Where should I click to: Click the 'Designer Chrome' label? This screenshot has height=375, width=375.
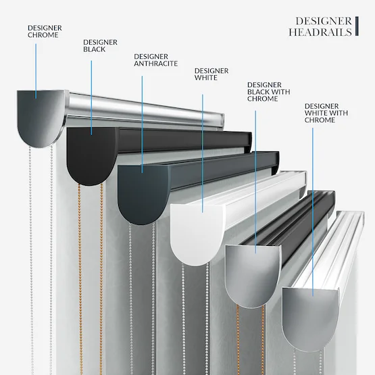(x=45, y=31)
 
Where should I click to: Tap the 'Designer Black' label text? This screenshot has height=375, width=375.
(x=100, y=46)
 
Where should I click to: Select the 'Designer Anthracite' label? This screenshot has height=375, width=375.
(x=155, y=60)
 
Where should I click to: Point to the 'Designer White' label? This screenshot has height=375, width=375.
(x=211, y=74)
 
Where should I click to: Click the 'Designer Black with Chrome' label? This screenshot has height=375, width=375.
(x=268, y=92)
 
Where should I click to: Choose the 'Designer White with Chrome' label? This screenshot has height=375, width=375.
(x=326, y=113)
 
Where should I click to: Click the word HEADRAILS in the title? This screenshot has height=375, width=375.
(x=320, y=32)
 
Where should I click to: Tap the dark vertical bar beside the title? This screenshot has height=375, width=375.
(x=357, y=26)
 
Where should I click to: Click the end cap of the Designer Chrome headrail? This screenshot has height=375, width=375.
(x=41, y=118)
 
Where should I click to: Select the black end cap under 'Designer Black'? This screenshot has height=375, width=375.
(x=92, y=155)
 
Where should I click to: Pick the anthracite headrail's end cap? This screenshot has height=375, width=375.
(x=143, y=194)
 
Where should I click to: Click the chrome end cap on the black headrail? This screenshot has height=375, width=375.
(x=253, y=275)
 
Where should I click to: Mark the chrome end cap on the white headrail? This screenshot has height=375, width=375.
(x=310, y=318)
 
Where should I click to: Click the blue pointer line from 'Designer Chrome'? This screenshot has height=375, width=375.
(x=36, y=71)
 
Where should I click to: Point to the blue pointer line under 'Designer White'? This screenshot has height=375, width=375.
(x=203, y=153)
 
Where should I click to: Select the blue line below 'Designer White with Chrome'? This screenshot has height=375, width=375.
(x=313, y=212)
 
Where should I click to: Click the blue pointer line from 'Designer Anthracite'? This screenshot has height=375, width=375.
(x=142, y=124)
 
